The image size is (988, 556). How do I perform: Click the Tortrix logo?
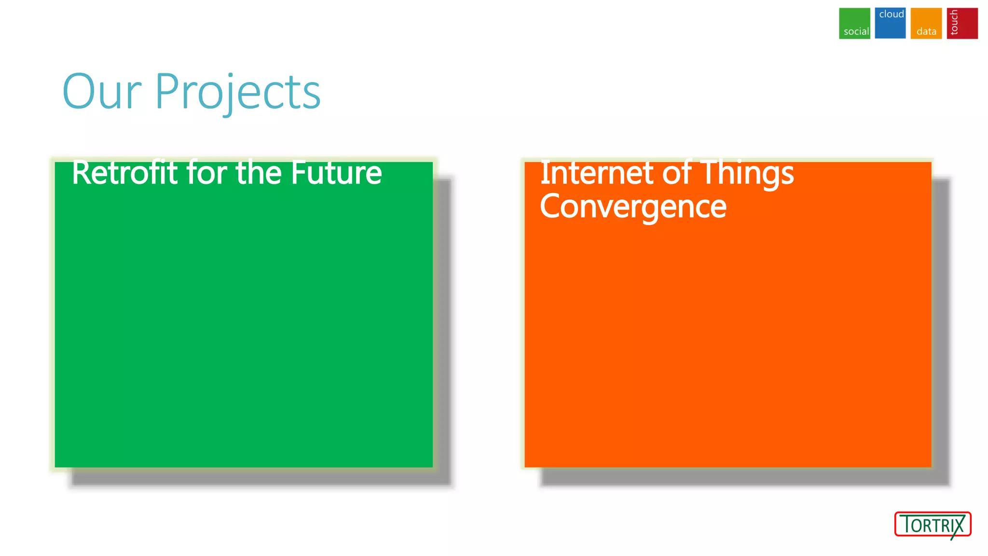933,525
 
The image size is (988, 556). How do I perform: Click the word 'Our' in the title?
102,92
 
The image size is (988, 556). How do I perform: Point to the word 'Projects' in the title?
237,93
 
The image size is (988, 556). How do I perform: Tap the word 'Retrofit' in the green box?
125,173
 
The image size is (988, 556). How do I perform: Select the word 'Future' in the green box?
336,173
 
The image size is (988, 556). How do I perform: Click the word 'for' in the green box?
206,173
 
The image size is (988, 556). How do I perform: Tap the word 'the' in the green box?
259,173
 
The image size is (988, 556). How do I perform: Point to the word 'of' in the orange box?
677,173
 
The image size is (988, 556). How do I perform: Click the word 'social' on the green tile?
856,32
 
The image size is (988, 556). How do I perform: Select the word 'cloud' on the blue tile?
892,14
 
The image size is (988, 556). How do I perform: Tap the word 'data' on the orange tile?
926,32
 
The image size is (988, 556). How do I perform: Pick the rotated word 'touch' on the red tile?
954,23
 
